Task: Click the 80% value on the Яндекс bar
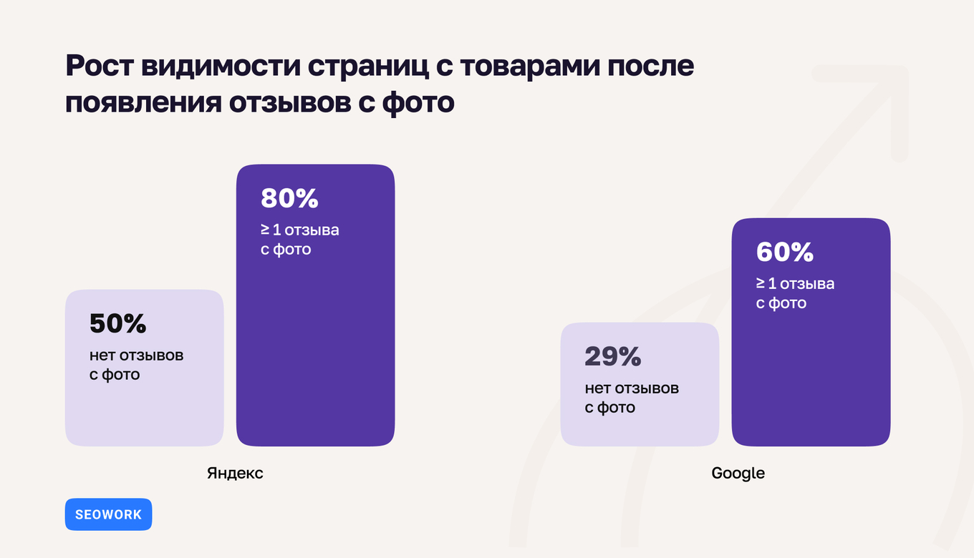[x=289, y=199]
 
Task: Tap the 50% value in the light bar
[x=117, y=324]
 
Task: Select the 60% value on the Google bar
[x=785, y=253]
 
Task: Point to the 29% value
[x=613, y=357]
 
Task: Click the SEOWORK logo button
[x=108, y=514]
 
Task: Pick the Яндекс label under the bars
[x=235, y=474]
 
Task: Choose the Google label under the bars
[x=738, y=474]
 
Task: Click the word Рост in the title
[x=98, y=67]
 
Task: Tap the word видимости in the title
[x=220, y=67]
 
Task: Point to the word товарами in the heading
[x=530, y=67]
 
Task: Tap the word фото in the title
[x=419, y=102]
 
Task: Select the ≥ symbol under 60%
[x=761, y=284]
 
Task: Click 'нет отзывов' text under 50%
[x=136, y=356]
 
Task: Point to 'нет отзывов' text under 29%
[x=632, y=389]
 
